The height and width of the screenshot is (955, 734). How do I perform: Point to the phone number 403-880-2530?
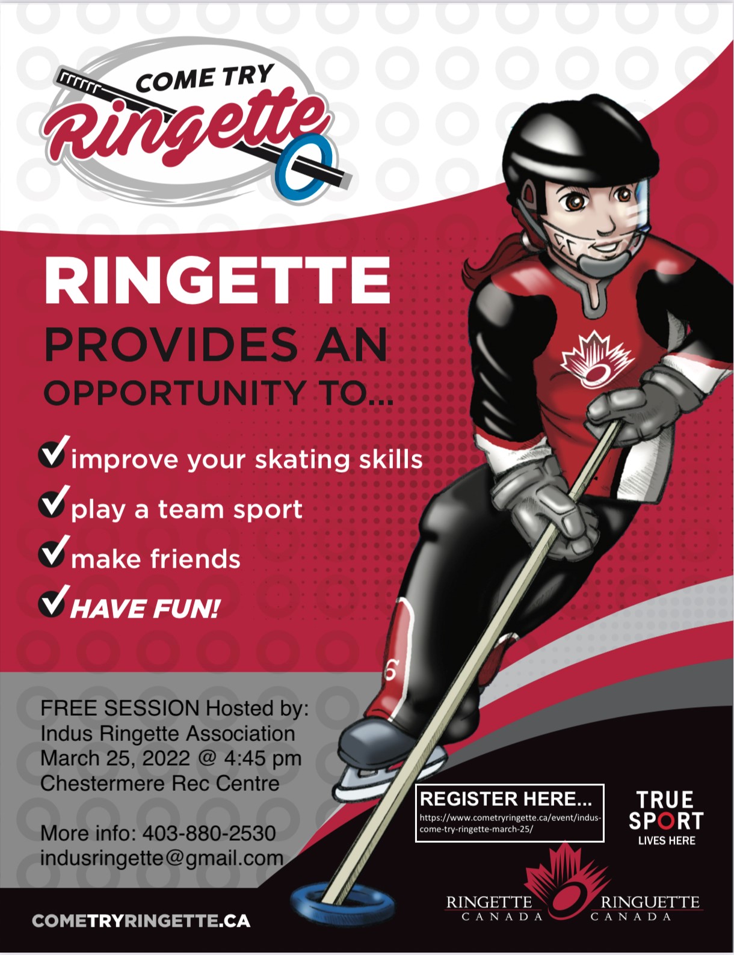[x=209, y=833]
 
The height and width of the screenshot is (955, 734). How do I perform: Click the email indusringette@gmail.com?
[x=162, y=858]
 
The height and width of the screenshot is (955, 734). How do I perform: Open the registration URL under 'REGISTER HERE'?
[x=510, y=823]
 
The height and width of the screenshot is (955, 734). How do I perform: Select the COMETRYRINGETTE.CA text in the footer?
[x=141, y=921]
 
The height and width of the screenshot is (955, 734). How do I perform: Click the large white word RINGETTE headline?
[x=217, y=280]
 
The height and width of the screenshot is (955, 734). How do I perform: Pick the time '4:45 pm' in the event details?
[x=263, y=758]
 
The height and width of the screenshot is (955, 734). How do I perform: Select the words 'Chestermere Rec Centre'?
[x=160, y=783]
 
